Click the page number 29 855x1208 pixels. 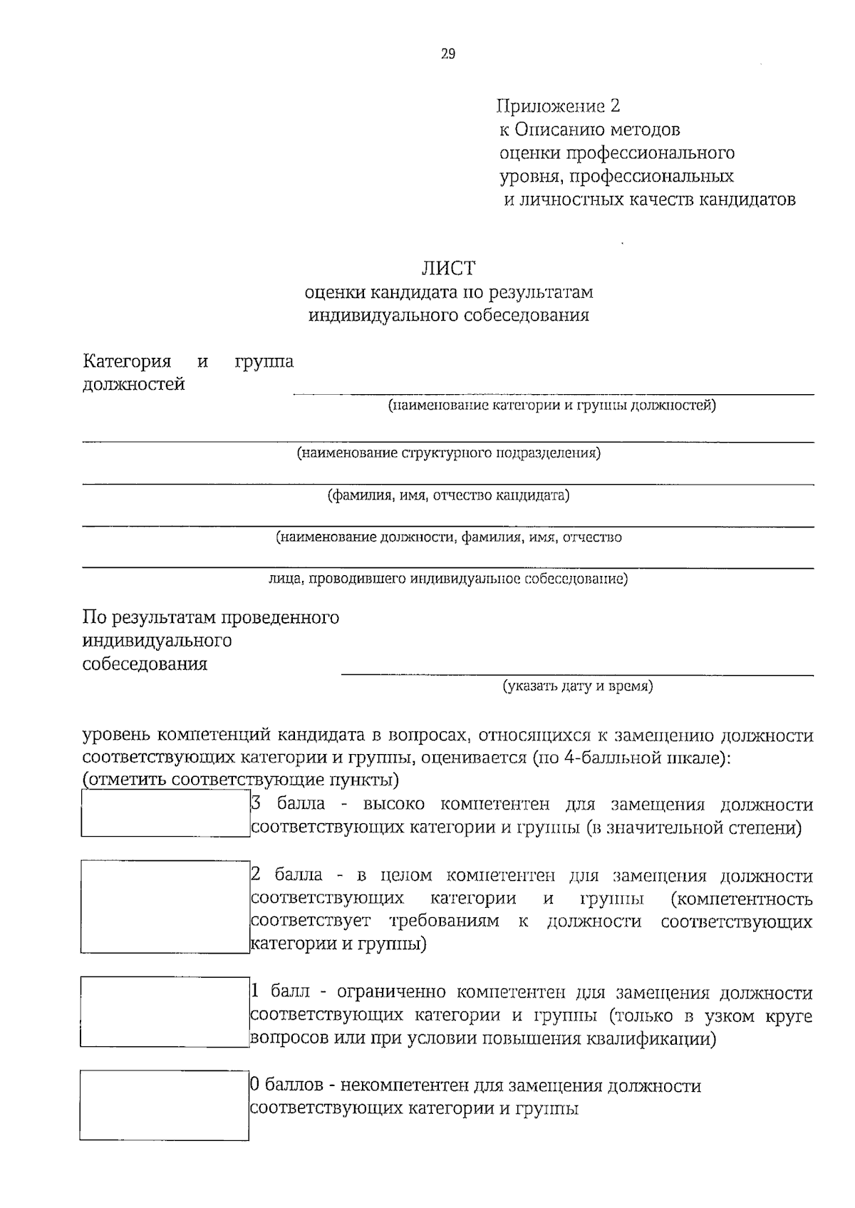click(x=447, y=54)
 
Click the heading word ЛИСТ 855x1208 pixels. click(x=448, y=269)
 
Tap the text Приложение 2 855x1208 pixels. click(x=558, y=106)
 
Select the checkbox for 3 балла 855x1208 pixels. click(x=165, y=814)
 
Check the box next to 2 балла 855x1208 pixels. click(x=165, y=907)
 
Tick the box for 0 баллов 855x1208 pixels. click(x=165, y=1105)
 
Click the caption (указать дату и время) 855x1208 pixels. click(x=577, y=686)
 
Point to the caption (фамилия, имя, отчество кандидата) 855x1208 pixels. click(x=448, y=495)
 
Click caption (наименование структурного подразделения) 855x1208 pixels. click(x=448, y=453)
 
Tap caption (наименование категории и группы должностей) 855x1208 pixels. click(x=551, y=406)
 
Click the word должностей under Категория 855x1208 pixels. click(x=134, y=385)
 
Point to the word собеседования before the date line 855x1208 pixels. click(x=145, y=664)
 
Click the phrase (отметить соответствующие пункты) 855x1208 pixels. click(x=240, y=780)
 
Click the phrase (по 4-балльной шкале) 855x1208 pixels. click(x=631, y=758)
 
